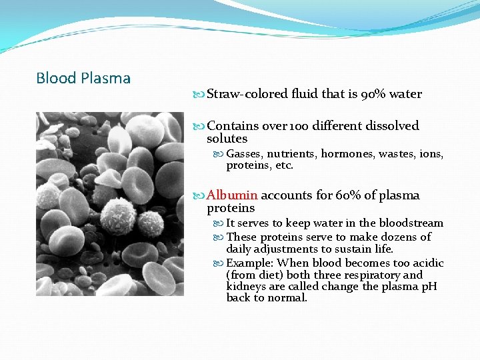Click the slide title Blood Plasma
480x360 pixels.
tap(83, 78)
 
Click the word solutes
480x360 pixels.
tap(227, 139)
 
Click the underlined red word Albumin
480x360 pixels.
tap(232, 195)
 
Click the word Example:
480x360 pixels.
tap(249, 263)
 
